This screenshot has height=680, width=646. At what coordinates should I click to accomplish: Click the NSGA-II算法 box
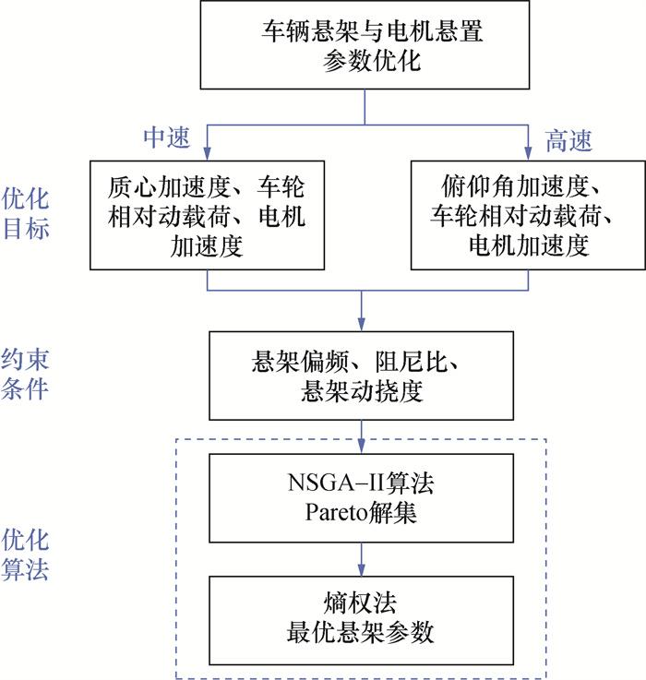point(361,498)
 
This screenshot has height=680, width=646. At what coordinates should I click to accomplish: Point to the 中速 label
point(166,138)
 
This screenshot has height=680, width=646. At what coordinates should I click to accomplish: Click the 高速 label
point(568,140)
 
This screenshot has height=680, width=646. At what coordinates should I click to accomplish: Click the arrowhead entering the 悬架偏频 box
point(362,325)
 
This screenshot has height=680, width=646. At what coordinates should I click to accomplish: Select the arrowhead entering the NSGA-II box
point(362,447)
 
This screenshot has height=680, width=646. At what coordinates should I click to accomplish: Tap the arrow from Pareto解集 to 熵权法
point(362,559)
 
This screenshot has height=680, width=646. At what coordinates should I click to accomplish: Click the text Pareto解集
point(361,512)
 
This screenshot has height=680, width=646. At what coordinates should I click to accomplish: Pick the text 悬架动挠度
point(362,391)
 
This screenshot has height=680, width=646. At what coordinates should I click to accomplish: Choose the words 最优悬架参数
point(361,634)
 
